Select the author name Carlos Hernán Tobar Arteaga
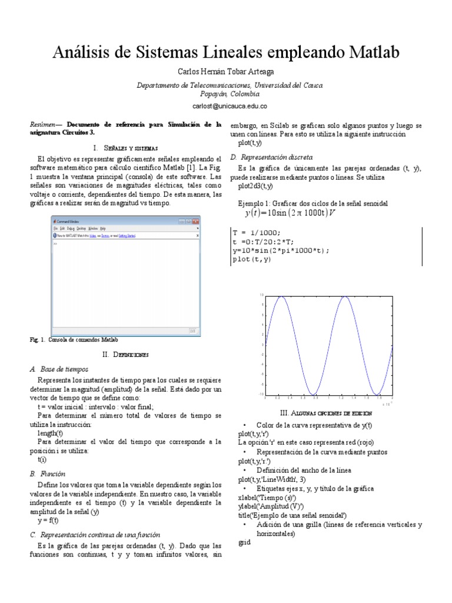coord(226,72)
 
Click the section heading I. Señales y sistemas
coord(126,147)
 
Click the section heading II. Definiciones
coord(125,355)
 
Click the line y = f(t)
coord(48,521)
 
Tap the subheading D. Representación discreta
coord(271,157)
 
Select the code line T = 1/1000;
coord(257,232)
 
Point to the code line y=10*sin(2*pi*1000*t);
coord(281,250)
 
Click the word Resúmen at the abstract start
coord(44,125)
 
